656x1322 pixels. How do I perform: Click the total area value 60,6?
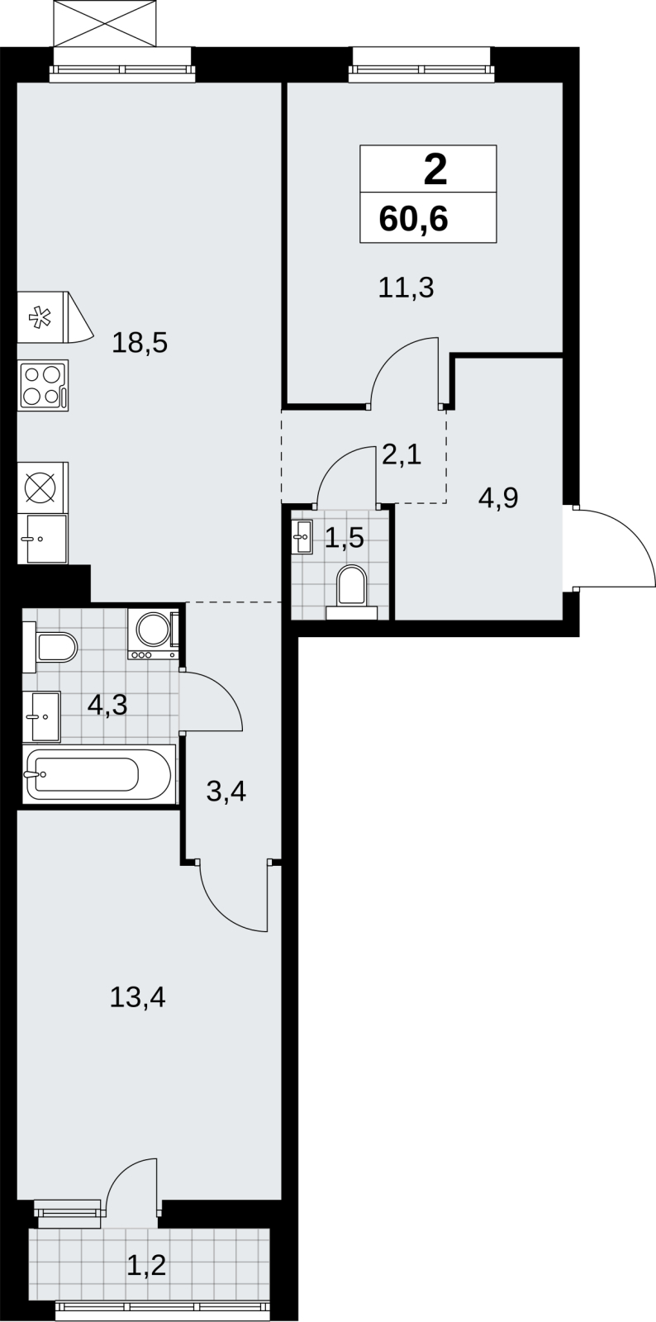click(x=414, y=219)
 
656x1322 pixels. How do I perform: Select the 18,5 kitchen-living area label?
click(x=140, y=343)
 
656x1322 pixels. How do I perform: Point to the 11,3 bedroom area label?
click(x=406, y=288)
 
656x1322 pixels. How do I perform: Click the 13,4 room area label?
click(x=137, y=997)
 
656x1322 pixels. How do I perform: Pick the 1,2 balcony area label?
click(x=146, y=1265)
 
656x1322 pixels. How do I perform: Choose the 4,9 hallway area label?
click(x=498, y=498)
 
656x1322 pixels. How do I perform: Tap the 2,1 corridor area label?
click(x=402, y=455)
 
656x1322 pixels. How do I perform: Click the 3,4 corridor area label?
click(x=226, y=792)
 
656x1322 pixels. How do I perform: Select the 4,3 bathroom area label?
click(x=107, y=705)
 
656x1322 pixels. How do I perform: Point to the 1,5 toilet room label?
click(x=344, y=538)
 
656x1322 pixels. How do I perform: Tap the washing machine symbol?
click(x=154, y=634)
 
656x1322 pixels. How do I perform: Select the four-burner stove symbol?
click(x=43, y=385)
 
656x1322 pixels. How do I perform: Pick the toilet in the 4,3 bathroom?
click(x=50, y=647)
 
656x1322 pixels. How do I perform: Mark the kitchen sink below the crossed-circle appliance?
click(x=42, y=539)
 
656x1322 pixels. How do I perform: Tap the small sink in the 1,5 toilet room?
click(x=302, y=536)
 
